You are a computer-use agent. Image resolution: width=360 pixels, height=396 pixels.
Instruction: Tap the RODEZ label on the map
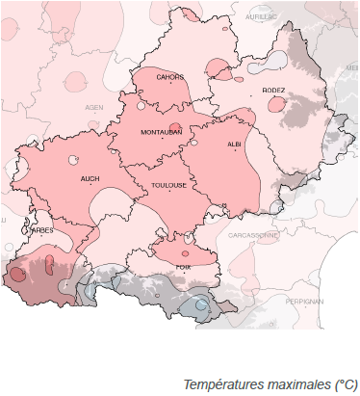pyautogui.click(x=273, y=92)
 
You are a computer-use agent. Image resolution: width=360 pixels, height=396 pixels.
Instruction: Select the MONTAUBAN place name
pyautogui.click(x=161, y=132)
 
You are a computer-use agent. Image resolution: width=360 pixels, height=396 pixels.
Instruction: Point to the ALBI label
pyautogui.click(x=234, y=144)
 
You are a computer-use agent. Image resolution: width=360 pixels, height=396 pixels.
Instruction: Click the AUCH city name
pyautogui.click(x=90, y=178)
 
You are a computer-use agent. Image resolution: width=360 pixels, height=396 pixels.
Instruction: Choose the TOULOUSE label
pyautogui.click(x=169, y=186)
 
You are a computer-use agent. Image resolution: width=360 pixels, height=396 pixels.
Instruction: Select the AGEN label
pyautogui.click(x=94, y=107)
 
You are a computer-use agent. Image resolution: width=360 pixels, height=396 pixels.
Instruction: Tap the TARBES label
pyautogui.click(x=40, y=231)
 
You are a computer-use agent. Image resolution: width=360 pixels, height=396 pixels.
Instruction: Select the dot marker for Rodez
pyautogui.click(x=273, y=99)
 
